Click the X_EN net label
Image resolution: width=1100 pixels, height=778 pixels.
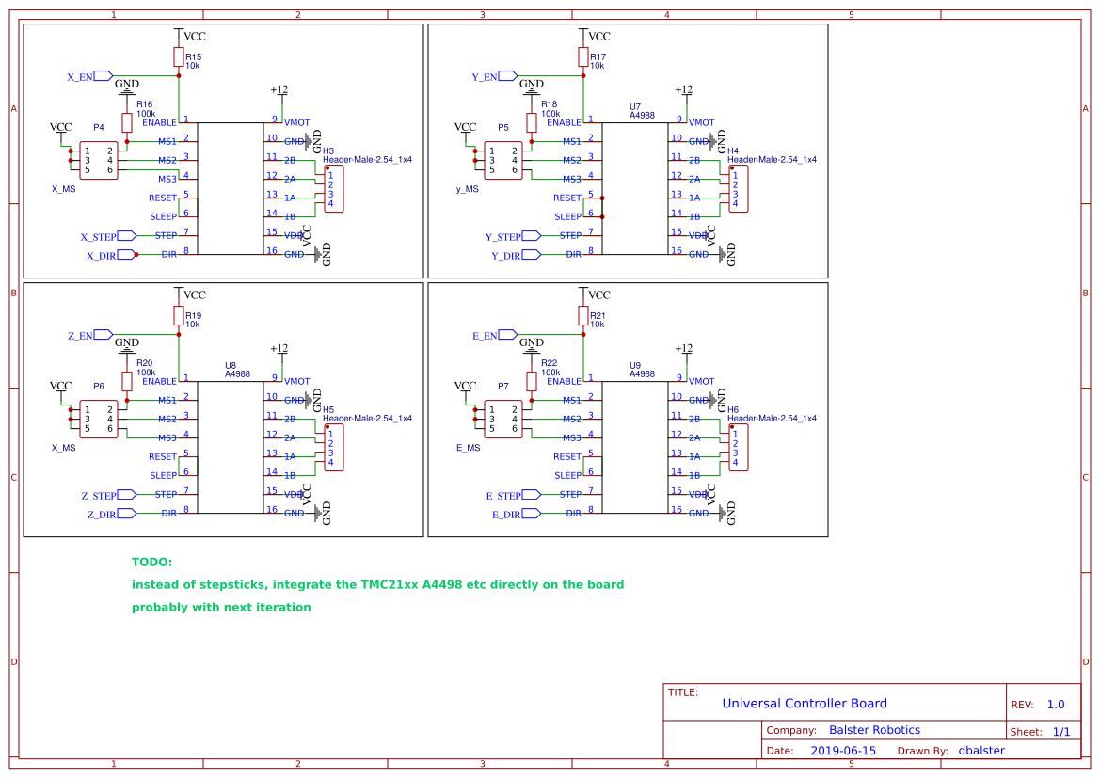coord(80,76)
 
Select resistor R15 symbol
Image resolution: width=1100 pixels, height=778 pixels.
coord(179,57)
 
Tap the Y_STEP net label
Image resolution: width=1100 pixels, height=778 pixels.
coord(503,236)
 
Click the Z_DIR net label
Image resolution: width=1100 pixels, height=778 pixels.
coord(102,514)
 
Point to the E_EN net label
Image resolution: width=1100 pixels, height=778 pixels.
coord(485,335)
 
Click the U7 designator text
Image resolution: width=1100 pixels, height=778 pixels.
coord(635,106)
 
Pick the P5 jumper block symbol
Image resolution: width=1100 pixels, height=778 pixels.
coord(502,161)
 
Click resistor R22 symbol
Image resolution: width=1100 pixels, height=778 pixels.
coord(532,381)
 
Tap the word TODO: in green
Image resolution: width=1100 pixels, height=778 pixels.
coord(151,562)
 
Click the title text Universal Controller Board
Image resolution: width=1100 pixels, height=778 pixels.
coord(805,704)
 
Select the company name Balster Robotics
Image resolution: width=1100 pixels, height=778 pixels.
coord(874,730)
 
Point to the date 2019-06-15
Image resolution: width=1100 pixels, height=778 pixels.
coord(842,751)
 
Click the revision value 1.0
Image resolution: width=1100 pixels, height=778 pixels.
coord(1056,705)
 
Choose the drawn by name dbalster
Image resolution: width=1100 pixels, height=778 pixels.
coord(981,751)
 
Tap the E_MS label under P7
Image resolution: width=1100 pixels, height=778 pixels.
coord(468,448)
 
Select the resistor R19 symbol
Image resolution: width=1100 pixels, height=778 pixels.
coord(179,315)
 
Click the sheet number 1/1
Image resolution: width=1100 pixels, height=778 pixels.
coord(1060,731)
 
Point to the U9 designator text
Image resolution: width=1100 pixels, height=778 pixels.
coord(635,365)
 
